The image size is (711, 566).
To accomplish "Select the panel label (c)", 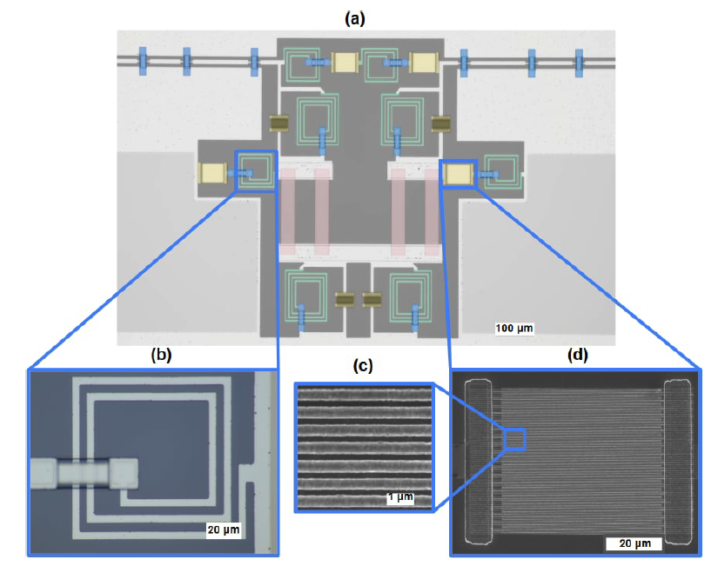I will (x=362, y=366).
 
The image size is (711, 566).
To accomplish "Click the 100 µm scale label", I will (x=513, y=328).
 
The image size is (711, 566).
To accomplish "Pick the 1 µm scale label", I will (x=399, y=497).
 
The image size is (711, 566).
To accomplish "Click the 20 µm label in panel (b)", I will (x=221, y=528).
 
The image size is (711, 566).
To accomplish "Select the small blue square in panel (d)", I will (x=516, y=440).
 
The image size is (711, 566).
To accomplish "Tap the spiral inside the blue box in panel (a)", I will (x=255, y=170).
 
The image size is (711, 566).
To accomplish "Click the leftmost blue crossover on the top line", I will (x=144, y=61).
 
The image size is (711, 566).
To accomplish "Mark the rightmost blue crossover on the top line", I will (x=579, y=61).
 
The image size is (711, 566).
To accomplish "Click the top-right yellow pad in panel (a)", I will (x=424, y=63).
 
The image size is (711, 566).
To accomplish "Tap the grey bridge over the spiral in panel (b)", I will (x=84, y=474).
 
